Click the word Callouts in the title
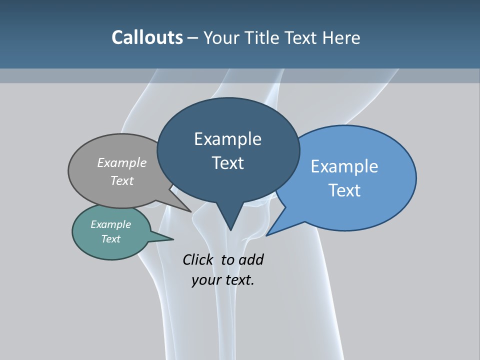[147, 37]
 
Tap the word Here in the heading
[341, 37]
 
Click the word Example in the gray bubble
[122, 162]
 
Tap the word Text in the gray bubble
[122, 180]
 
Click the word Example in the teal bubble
[111, 224]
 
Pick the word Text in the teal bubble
[111, 239]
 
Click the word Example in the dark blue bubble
[228, 139]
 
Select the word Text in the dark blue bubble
[228, 163]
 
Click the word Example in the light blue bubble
[344, 166]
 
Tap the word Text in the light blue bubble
[344, 190]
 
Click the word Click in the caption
[199, 259]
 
